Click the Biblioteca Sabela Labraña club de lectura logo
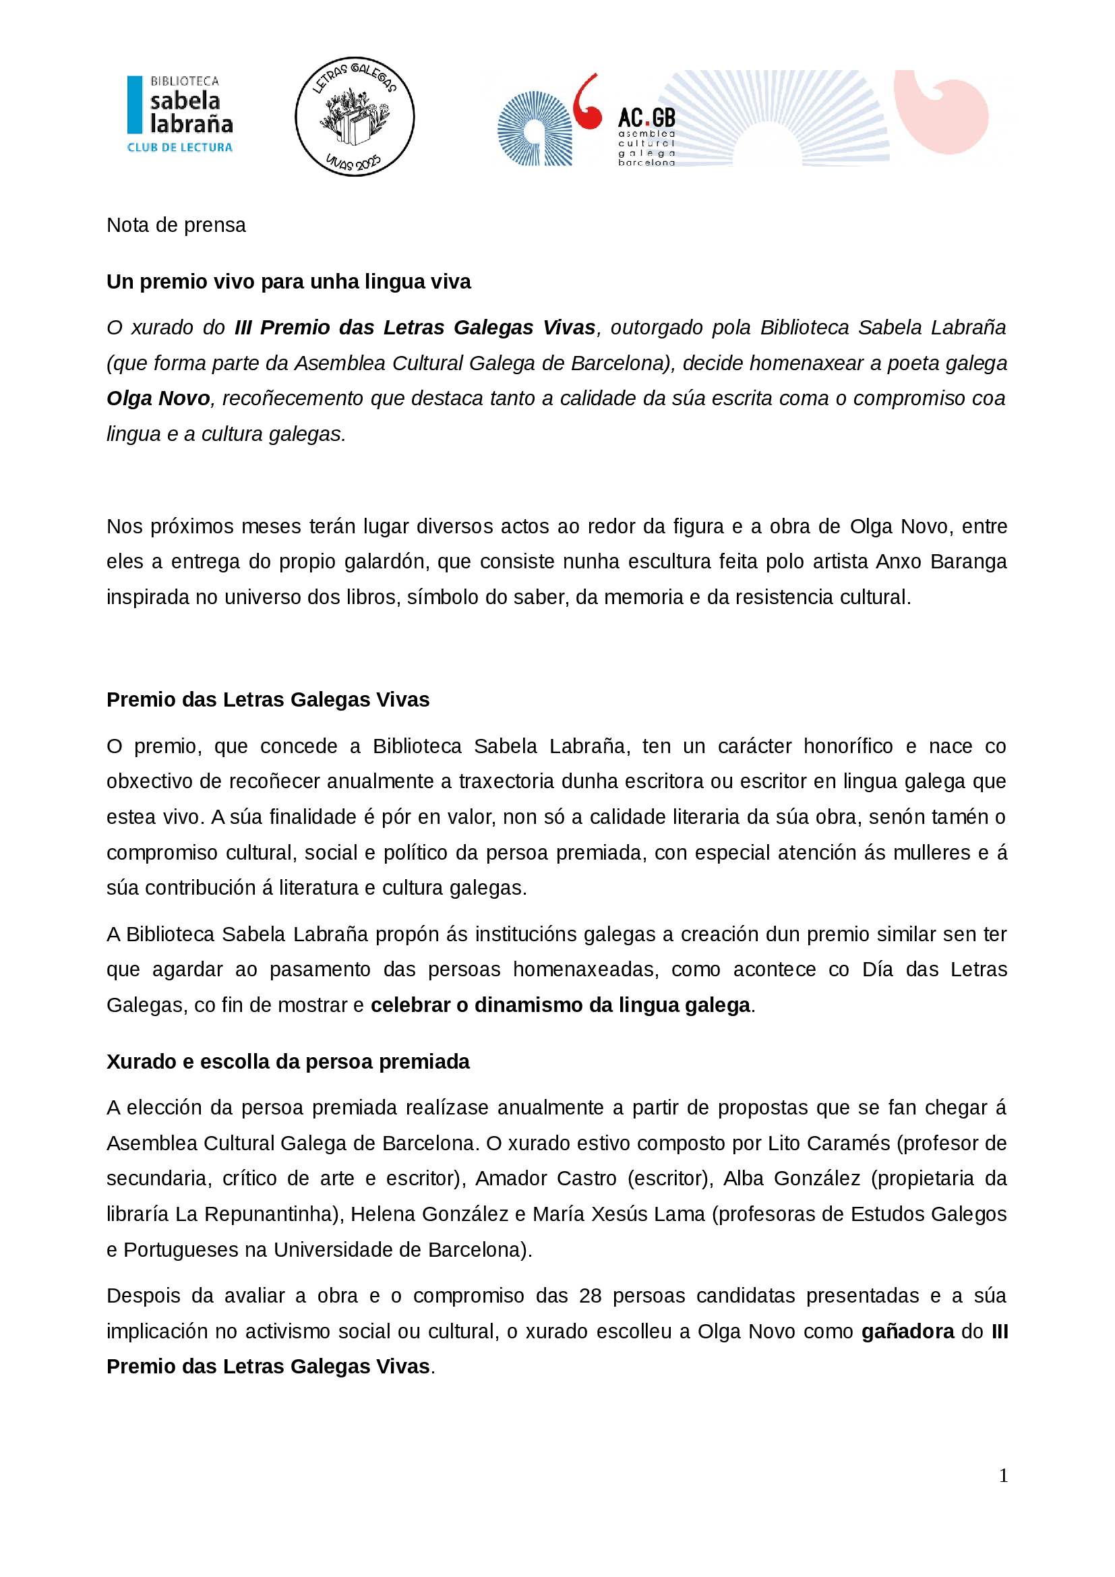tap(180, 114)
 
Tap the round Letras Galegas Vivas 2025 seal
tap(355, 117)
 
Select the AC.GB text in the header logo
tap(646, 117)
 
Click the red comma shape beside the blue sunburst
tap(587, 103)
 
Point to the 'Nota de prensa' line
tap(176, 225)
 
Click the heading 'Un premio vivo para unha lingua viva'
tap(289, 282)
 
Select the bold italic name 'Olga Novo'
tap(158, 398)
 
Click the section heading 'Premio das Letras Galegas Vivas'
tap(268, 699)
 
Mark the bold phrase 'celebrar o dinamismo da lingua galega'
tap(560, 1005)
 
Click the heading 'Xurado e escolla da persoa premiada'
tap(288, 1062)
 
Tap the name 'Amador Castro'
tap(546, 1179)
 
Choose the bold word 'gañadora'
tap(907, 1332)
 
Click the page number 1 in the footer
tap(1003, 1476)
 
